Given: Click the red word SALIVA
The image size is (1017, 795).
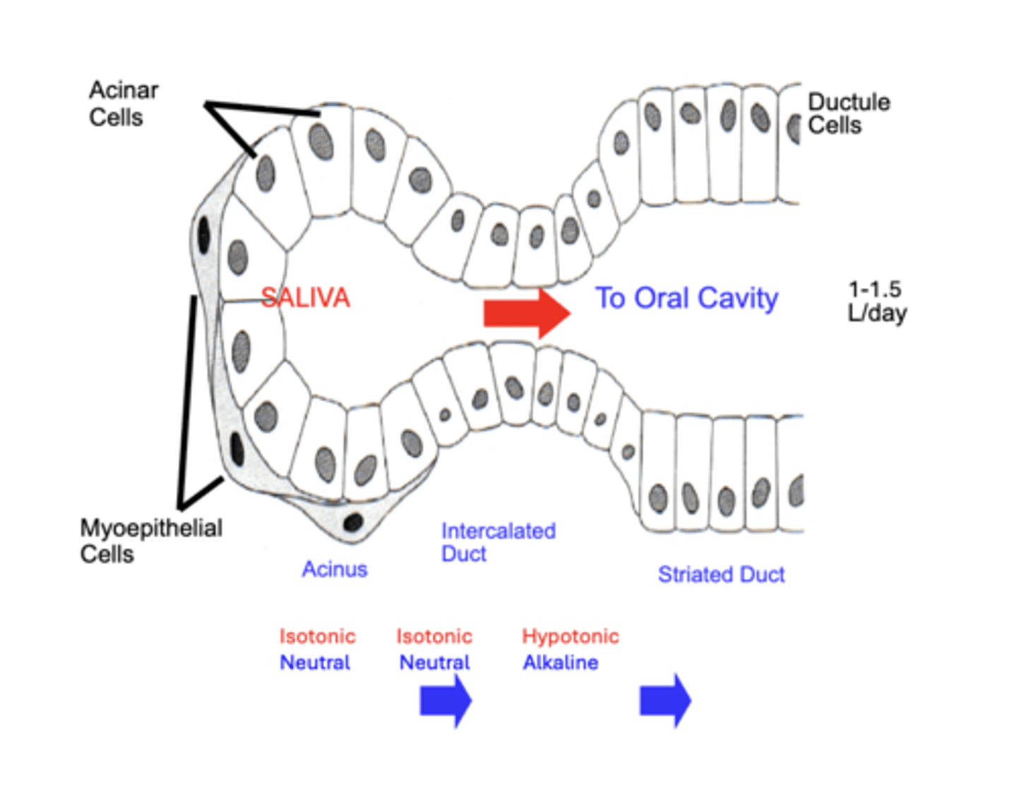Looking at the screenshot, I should pos(305,298).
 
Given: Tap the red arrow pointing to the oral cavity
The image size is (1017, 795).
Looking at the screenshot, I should pos(526,312).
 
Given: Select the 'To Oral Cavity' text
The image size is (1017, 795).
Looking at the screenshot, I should pos(686,298).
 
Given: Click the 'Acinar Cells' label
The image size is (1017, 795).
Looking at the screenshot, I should pos(123,104).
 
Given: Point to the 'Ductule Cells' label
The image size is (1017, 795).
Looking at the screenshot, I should pos(848,114).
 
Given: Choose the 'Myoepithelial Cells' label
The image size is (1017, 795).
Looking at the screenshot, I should pos(150,541).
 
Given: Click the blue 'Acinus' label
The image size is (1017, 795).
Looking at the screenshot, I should pos(335,569).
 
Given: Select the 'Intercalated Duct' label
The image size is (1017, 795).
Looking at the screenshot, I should pos(497,542).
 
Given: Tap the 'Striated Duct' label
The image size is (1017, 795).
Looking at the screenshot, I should pos(721,575).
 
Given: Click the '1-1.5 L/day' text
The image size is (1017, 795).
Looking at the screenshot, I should pos(876,301).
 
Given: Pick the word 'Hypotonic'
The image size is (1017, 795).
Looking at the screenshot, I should pos(570,636).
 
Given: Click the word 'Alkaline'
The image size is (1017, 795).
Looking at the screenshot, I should pos(560,663).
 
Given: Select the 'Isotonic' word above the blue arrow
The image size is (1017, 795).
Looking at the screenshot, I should pos(434,636).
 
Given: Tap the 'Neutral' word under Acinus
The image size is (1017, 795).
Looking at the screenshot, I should pos(315,663).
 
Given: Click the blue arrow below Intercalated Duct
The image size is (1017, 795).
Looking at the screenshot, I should pos(446,701).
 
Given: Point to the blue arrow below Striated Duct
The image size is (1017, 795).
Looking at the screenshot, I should pos(665,701).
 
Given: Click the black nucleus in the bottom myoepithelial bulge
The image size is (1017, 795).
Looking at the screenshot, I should pos(353,522).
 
